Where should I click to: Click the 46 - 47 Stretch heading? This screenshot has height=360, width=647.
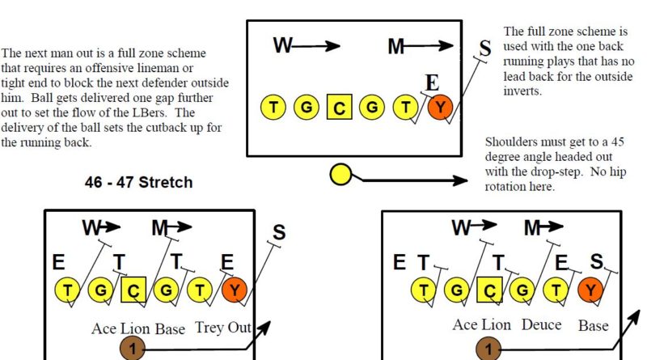[x=139, y=182]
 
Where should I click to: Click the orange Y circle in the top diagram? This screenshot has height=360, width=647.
[x=440, y=107]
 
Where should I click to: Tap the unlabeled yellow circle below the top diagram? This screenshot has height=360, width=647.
[x=341, y=173]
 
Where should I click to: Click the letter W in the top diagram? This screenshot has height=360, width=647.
[x=283, y=45]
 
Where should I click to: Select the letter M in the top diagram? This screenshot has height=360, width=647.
[x=396, y=46]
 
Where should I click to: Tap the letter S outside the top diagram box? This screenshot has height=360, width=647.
[x=484, y=48]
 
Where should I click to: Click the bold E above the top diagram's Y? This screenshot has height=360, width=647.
[x=433, y=83]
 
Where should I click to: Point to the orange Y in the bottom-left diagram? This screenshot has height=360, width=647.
[x=235, y=290]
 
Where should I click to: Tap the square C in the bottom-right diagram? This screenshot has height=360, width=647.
[x=488, y=290]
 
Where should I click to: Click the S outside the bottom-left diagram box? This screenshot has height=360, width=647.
[x=279, y=233]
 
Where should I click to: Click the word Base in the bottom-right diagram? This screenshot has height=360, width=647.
[x=593, y=324]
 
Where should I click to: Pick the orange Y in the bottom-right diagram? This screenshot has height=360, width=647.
[x=591, y=290]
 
